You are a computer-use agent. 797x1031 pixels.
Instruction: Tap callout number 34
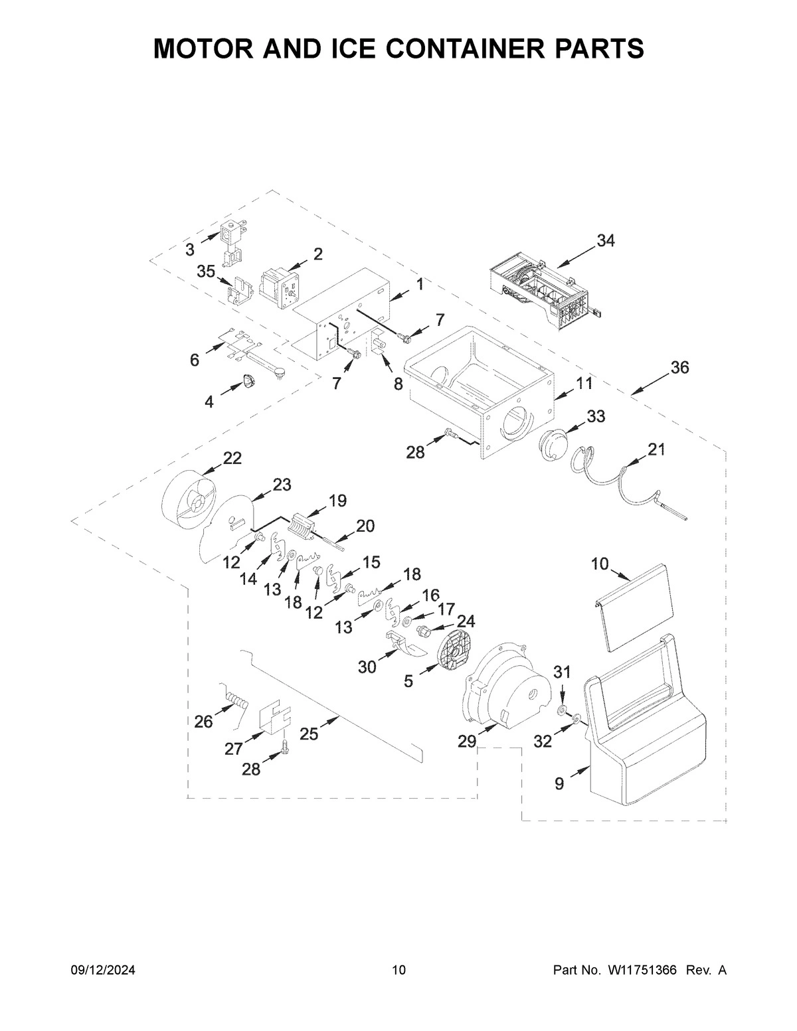click(605, 241)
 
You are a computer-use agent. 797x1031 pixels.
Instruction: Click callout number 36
click(679, 367)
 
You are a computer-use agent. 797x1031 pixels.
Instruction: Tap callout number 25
click(310, 734)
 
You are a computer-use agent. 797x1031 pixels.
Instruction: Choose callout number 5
click(408, 680)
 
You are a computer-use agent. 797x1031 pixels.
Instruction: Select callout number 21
click(656, 449)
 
